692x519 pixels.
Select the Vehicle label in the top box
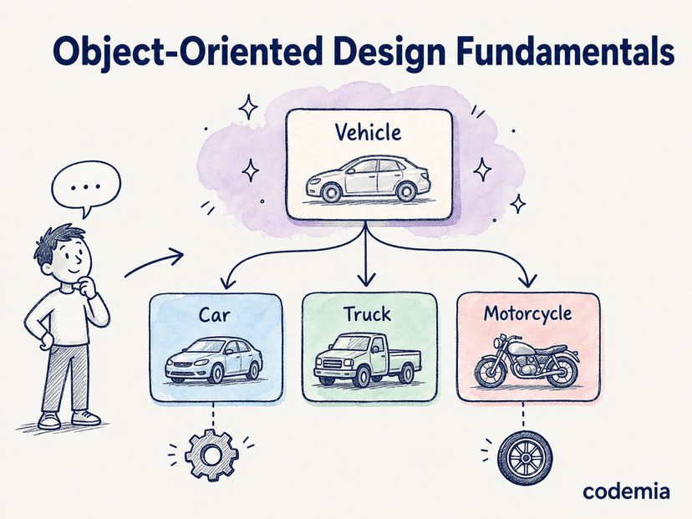coord(368,132)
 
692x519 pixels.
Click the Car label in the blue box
coord(214,315)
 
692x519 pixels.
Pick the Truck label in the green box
coord(367,314)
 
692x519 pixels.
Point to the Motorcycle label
coord(528,314)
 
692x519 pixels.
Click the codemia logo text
coord(626,491)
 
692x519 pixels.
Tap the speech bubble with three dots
coord(86,187)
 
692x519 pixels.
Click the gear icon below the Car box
coord(211,455)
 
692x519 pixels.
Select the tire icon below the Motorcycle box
coord(525,457)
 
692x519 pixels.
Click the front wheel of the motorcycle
coord(491,372)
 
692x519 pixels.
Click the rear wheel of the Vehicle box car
coord(406,191)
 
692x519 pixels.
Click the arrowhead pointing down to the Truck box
coord(366,280)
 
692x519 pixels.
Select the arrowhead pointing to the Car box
coord(228,282)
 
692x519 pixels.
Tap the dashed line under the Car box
coord(214,415)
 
